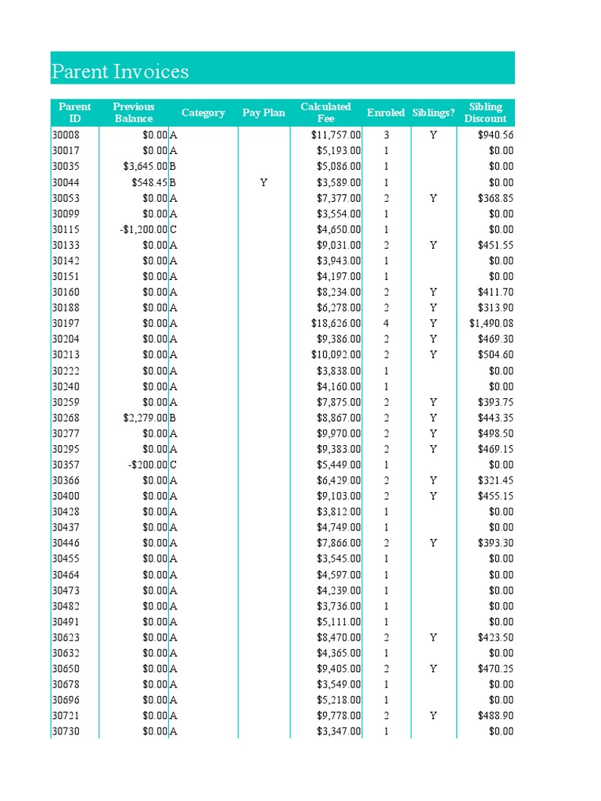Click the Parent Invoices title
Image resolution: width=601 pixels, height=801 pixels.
(x=120, y=72)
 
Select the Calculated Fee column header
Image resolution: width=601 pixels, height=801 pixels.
(x=326, y=113)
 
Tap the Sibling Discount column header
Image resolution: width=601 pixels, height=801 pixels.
(x=485, y=113)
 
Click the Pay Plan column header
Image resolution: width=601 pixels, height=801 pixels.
(x=264, y=113)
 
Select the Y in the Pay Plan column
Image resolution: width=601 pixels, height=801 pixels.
(x=264, y=182)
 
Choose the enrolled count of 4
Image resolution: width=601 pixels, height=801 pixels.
(x=387, y=323)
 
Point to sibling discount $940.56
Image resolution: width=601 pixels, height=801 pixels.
(x=495, y=135)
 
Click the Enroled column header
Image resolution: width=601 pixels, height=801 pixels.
(x=387, y=113)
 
